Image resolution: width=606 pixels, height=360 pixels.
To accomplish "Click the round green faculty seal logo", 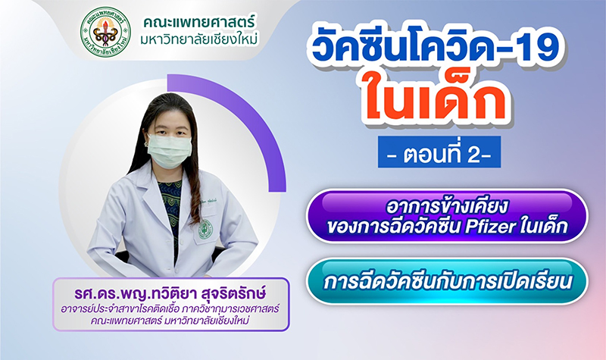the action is [x=105, y=32].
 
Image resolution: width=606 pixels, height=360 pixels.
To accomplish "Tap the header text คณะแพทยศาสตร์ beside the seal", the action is [x=199, y=23].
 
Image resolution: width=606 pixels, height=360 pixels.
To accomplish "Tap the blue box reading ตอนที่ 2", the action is [x=439, y=152].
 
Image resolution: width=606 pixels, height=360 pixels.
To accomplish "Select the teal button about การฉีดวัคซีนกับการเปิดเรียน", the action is [x=447, y=281].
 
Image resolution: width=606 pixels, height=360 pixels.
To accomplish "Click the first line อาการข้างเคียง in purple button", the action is [x=446, y=207].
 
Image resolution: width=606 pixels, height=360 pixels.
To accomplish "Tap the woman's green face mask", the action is [x=170, y=150].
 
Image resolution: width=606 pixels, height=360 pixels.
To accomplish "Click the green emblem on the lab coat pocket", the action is [x=205, y=230].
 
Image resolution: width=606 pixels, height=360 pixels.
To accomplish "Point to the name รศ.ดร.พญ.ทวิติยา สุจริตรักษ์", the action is [x=170, y=293].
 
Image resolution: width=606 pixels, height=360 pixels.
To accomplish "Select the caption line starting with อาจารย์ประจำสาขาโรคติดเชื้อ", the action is [x=170, y=309].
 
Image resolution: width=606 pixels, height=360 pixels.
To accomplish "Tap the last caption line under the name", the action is [x=170, y=321].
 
